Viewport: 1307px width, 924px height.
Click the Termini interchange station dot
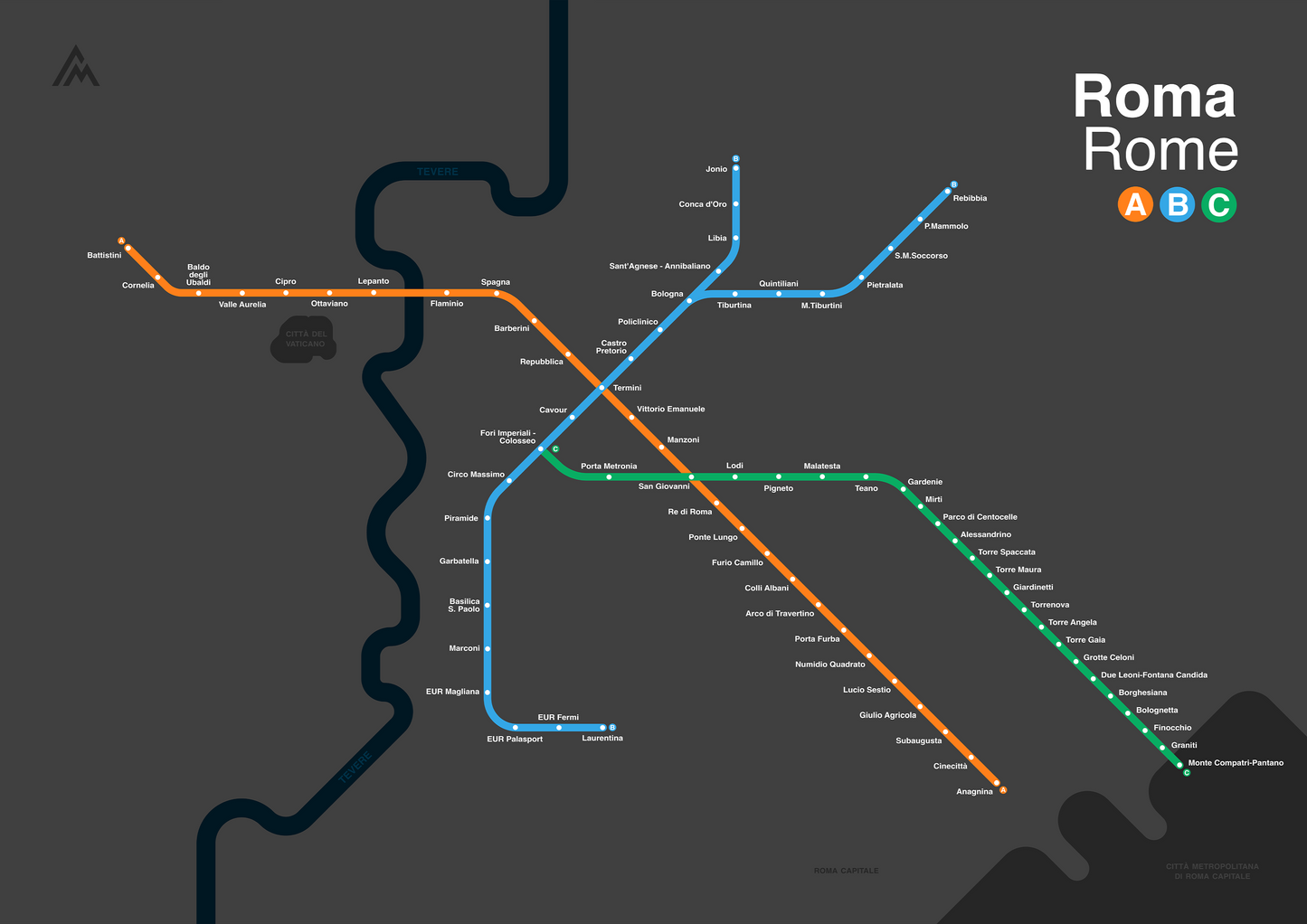pos(601,388)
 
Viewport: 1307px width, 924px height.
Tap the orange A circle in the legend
pos(1135,204)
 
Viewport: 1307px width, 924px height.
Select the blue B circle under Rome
pos(1177,204)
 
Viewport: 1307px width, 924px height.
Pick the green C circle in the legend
pos(1218,204)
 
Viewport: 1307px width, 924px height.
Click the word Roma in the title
pos(1154,97)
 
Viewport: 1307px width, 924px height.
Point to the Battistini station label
pos(104,256)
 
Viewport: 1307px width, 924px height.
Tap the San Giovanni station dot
pos(691,476)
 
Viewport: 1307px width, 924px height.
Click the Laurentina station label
pos(602,739)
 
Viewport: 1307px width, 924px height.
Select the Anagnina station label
pos(974,792)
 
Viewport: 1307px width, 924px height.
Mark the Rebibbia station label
pos(970,198)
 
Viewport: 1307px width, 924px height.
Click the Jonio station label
pos(716,169)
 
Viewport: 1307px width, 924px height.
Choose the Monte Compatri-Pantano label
pos(1236,763)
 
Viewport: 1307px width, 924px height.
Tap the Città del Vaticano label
pos(306,339)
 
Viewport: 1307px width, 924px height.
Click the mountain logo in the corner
pos(76,67)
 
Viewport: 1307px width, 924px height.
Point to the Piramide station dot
pos(488,518)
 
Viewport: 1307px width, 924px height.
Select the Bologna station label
pos(668,294)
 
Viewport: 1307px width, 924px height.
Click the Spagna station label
pos(496,282)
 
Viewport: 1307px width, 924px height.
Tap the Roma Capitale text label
pos(846,871)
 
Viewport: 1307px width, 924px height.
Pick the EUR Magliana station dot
pos(488,693)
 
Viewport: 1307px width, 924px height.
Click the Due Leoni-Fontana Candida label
pos(1153,675)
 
